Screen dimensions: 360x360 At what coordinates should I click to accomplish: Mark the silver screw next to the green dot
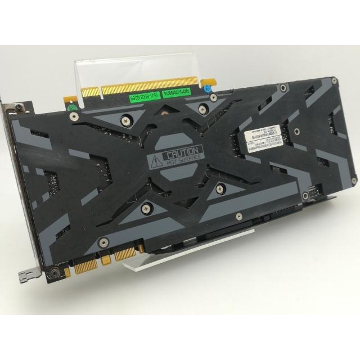pos(74,116)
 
